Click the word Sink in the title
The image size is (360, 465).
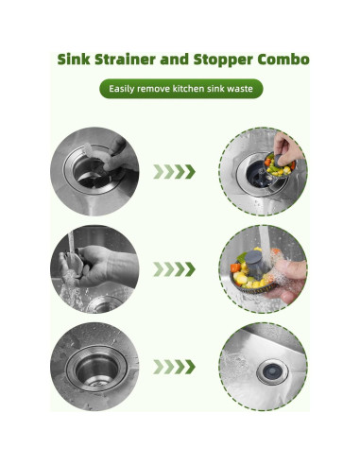click(76, 60)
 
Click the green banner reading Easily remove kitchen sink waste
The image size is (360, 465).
click(180, 90)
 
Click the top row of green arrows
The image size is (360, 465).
click(175, 172)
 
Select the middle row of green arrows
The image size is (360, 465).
click(175, 268)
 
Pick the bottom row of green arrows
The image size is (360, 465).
click(175, 365)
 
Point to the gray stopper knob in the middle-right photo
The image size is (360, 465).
click(253, 260)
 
